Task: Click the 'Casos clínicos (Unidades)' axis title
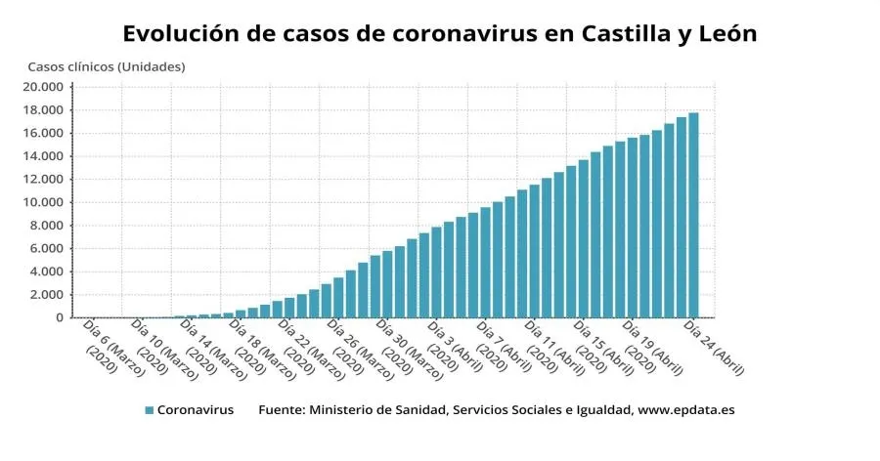click(x=106, y=66)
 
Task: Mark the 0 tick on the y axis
click(x=59, y=317)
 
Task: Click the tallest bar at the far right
click(x=693, y=215)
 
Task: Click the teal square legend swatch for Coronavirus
click(x=149, y=410)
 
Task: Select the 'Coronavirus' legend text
click(x=196, y=410)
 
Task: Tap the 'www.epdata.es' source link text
click(x=685, y=410)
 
